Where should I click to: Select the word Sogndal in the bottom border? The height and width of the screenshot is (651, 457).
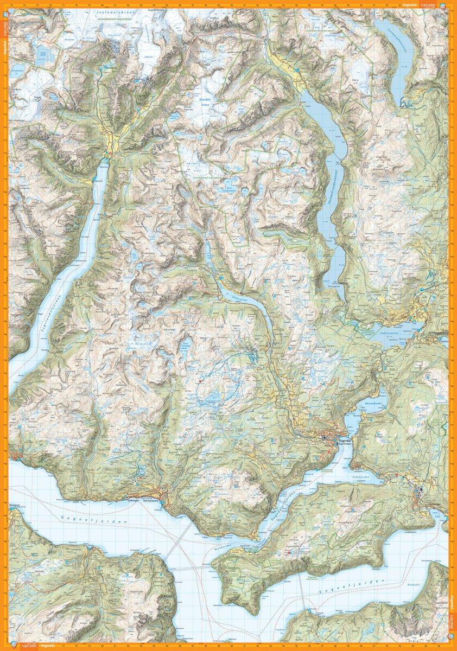click(x=50, y=645)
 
